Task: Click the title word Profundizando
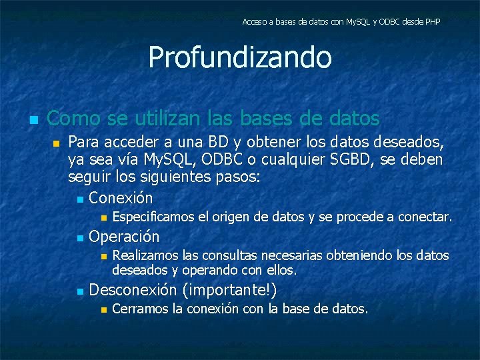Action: tap(240, 57)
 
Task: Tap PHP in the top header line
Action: tap(432, 22)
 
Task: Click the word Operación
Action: tap(124, 237)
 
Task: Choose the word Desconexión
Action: tap(133, 290)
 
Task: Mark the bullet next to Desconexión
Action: tap(79, 291)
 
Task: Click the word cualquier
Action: tap(318, 161)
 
